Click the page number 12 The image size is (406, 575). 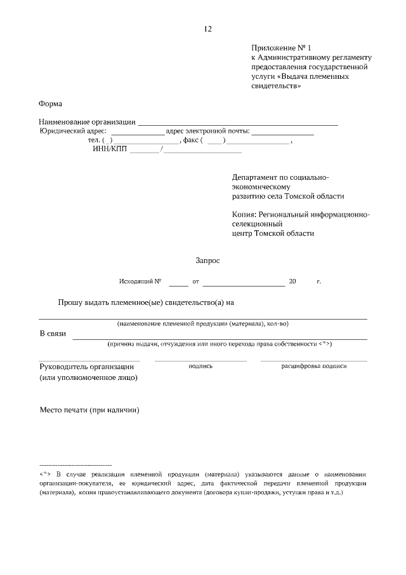pos(208,29)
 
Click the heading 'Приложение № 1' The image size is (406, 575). pos(282,48)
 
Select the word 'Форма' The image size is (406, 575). pos(50,104)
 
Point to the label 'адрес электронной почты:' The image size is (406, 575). pos(207,132)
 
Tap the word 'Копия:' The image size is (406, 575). pos(244,215)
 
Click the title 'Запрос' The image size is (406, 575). pos(207,260)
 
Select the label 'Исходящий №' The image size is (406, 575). pos(140,281)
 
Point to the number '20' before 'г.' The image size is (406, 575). pos(292,281)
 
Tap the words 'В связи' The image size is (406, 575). pos(53,334)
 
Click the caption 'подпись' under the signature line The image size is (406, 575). pos(200,366)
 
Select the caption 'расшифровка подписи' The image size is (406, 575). pos(314,366)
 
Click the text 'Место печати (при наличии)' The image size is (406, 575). pos(89,410)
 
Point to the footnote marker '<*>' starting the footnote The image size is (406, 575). pos(44,475)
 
